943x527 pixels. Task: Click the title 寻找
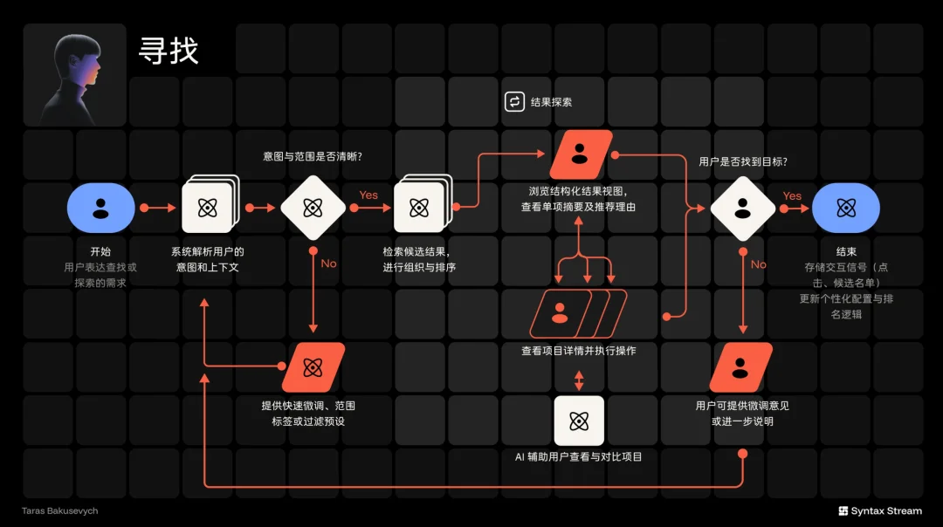point(169,51)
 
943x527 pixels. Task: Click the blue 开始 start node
point(101,208)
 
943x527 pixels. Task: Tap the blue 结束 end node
point(845,208)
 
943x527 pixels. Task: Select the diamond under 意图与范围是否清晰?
point(313,208)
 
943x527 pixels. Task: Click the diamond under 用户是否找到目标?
point(743,209)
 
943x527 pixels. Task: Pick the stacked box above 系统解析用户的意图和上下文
point(210,203)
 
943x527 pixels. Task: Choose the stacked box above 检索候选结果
point(423,203)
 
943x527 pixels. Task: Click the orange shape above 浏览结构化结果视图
point(581,154)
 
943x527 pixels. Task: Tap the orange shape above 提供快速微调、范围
point(313,367)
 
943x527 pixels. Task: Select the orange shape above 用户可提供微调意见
point(741,367)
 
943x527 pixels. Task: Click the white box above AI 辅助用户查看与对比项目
point(579,421)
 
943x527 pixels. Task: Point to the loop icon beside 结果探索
point(514,101)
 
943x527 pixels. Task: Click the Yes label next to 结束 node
point(792,196)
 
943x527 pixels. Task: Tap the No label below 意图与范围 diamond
point(328,263)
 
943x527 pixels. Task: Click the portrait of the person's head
point(74,75)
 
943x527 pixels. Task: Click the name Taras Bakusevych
point(59,510)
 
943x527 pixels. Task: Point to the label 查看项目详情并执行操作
point(579,351)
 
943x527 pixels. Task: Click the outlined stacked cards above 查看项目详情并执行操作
point(578,314)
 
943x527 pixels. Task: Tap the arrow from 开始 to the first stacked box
point(158,208)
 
